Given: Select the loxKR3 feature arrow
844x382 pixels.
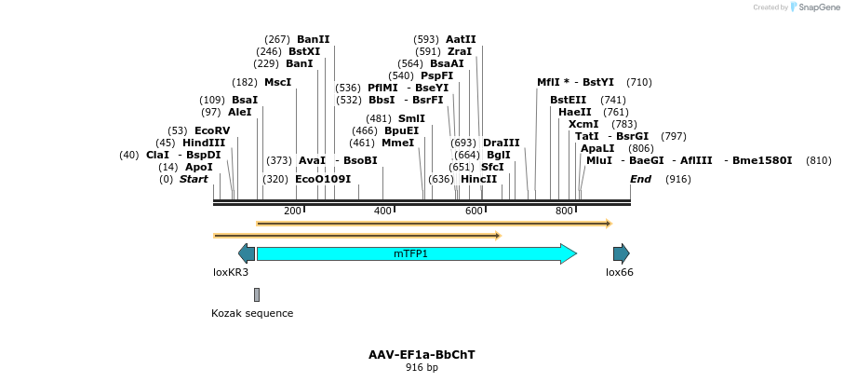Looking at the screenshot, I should [247, 253].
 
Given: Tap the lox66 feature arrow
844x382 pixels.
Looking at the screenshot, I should [621, 253].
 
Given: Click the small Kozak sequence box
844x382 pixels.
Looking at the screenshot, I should [257, 294].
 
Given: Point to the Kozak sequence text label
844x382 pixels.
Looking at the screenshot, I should [252, 314].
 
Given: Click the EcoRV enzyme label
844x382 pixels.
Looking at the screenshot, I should [212, 130].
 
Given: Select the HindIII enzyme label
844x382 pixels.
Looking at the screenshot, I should [204, 143].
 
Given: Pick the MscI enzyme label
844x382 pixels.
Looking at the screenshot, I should [277, 82].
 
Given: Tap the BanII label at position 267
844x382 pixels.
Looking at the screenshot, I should [314, 39].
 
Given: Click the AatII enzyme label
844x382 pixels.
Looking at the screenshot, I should [462, 39].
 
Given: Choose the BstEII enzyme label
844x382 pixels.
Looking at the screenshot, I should [569, 100].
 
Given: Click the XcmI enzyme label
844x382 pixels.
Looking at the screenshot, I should [583, 124].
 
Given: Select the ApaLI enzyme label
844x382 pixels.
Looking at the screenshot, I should [597, 148].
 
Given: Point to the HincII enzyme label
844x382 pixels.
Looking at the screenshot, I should [478, 179].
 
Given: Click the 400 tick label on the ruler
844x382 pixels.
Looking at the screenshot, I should [382, 211].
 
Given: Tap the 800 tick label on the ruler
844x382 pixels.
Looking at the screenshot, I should [564, 211].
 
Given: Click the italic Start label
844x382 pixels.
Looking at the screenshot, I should [194, 179].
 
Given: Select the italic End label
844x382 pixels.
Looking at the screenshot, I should [640, 179].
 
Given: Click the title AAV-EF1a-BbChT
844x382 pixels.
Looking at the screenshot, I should [422, 355].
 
